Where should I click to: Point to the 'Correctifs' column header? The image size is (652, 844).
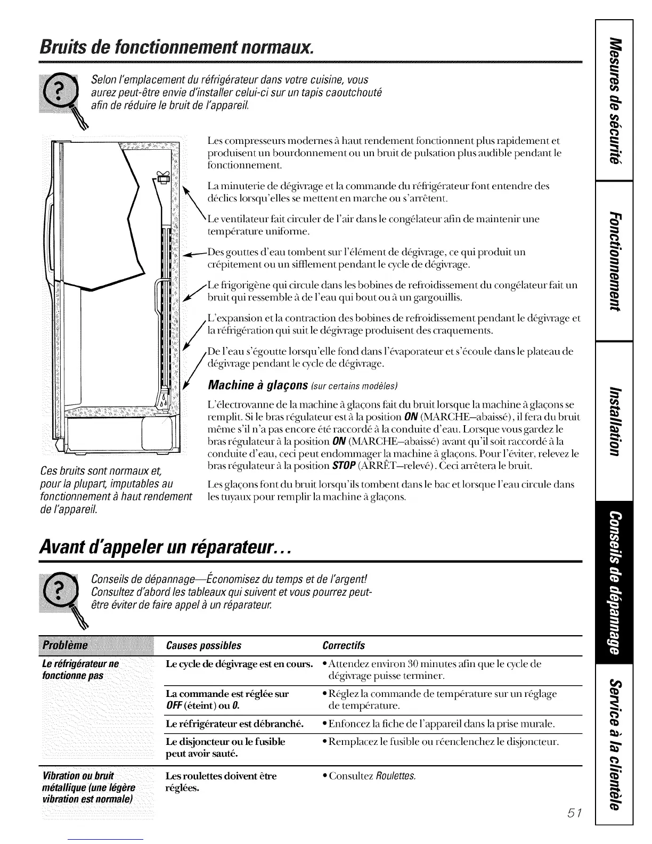pyautogui.click(x=344, y=646)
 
